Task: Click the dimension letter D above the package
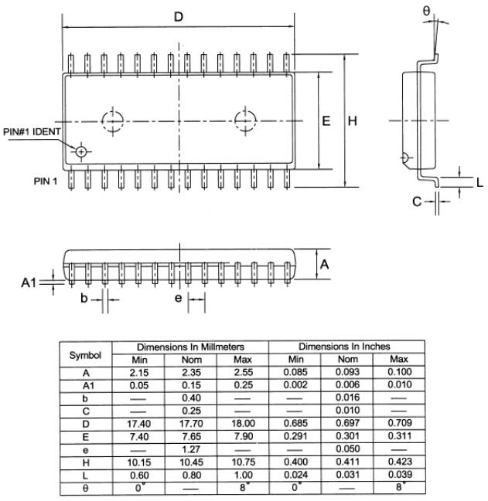click(x=178, y=16)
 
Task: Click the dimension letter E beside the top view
click(x=326, y=121)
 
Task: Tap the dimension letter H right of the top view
click(x=352, y=121)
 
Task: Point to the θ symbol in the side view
click(x=427, y=10)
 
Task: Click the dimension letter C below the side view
click(x=417, y=201)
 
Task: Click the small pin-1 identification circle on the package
click(x=80, y=151)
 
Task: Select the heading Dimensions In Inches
click(x=344, y=347)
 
